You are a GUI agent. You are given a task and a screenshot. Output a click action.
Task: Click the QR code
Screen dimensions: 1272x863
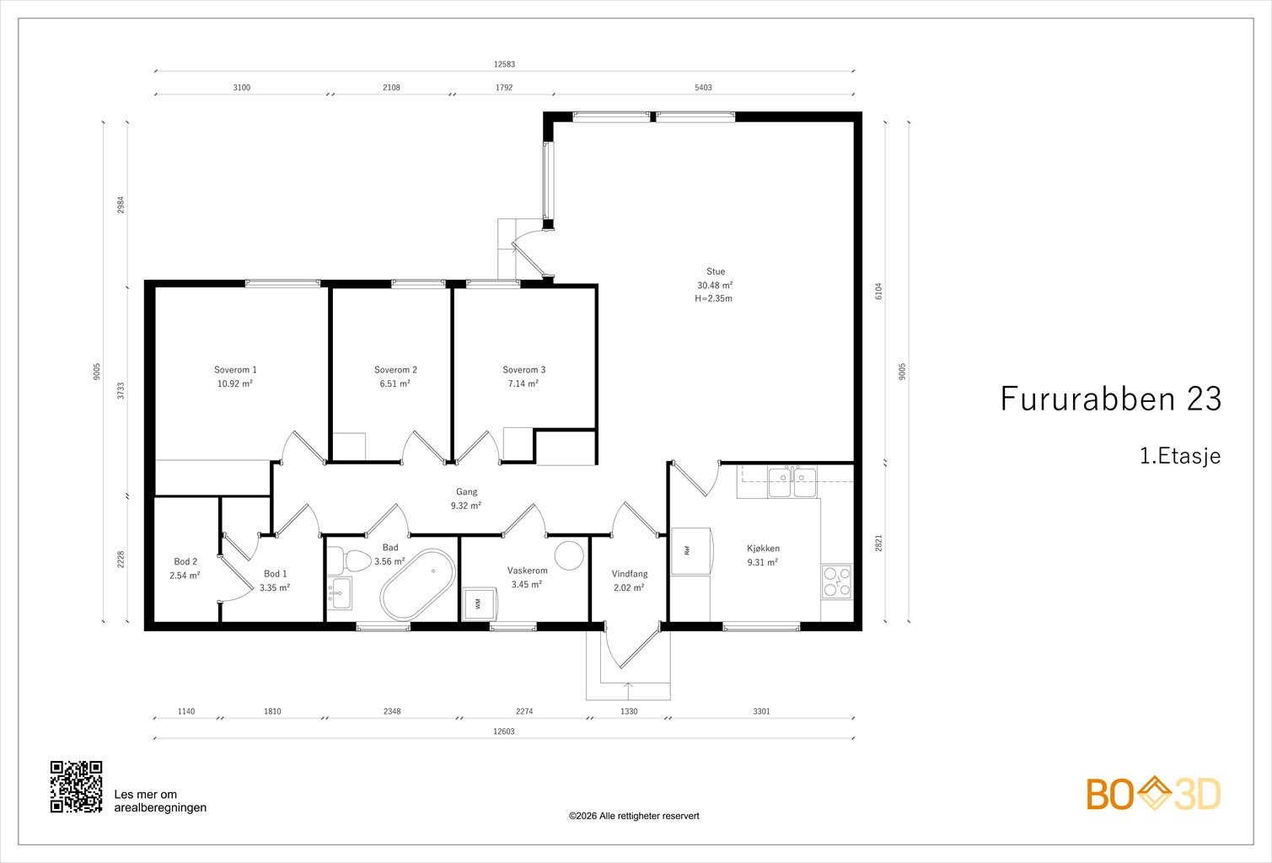pos(76,786)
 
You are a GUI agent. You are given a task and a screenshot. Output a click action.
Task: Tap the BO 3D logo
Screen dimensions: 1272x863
pos(1153,793)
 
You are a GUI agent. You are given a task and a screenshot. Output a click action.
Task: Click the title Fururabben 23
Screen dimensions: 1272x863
pos(1111,399)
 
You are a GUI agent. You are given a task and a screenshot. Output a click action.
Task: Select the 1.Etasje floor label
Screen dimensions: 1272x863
pos(1180,456)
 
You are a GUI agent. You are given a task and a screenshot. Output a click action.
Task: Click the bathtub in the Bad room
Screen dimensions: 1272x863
pos(418,585)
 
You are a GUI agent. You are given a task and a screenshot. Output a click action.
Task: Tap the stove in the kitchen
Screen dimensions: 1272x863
pos(836,582)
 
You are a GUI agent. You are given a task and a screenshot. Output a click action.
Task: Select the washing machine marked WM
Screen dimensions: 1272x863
pos(478,603)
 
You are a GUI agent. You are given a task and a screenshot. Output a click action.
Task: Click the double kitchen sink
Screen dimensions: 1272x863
pos(792,482)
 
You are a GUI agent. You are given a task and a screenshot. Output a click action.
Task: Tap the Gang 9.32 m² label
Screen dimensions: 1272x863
pos(466,498)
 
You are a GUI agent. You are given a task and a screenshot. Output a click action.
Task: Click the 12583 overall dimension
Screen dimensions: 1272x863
pos(504,64)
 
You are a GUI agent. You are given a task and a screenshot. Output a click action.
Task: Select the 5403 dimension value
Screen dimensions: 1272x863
pos(703,88)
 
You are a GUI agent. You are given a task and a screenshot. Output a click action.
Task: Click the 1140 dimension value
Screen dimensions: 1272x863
pos(186,711)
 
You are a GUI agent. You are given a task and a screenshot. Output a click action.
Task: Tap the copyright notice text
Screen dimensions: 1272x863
pos(634,816)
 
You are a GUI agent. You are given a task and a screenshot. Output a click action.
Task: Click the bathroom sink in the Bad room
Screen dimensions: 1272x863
pos(341,593)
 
